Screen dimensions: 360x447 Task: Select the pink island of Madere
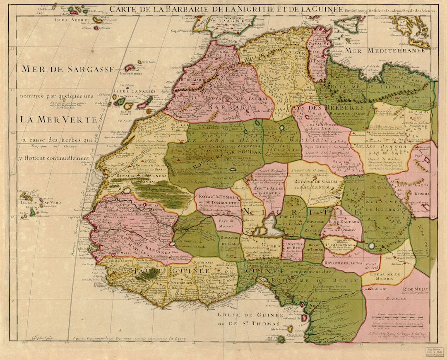coord(130,67)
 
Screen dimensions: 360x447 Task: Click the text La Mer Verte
coord(56,120)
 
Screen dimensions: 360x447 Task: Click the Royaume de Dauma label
coord(341,262)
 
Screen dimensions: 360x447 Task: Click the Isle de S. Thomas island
coord(281,339)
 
